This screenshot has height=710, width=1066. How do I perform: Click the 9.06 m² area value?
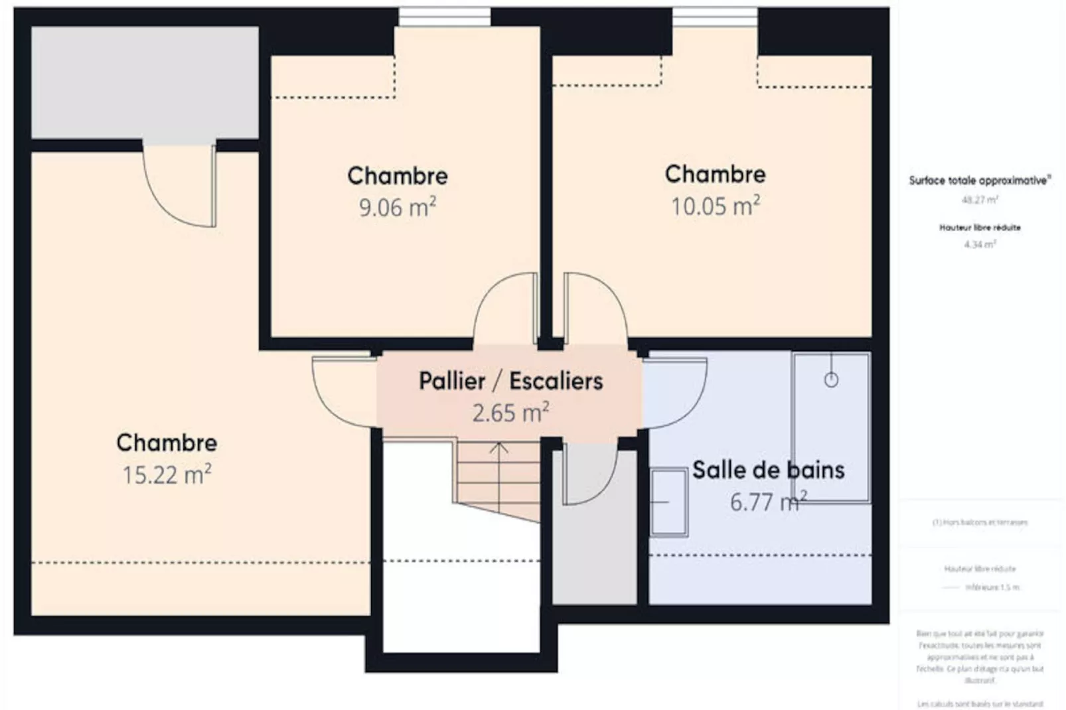pos(397,208)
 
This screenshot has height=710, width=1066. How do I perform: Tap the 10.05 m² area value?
pos(715,206)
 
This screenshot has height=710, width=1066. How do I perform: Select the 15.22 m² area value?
pos(166,475)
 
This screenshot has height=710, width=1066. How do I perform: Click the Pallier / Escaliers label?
pos(510,381)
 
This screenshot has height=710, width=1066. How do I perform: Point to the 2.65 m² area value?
pos(510,413)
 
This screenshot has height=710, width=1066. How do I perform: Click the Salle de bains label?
pos(768,470)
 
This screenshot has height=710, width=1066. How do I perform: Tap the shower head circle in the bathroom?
pos(831,380)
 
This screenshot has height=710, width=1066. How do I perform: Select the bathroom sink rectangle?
pos(668,502)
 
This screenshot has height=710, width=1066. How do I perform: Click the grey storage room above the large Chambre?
pos(145,82)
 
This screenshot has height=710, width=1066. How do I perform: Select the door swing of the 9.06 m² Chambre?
pos(504,309)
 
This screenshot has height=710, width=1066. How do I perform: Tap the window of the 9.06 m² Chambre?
pos(444,17)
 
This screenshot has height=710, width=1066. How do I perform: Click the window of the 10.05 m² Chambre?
pos(715,17)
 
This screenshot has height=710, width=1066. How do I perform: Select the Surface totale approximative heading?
pos(980,180)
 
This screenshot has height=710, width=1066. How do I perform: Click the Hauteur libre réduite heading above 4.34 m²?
pos(980,228)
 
